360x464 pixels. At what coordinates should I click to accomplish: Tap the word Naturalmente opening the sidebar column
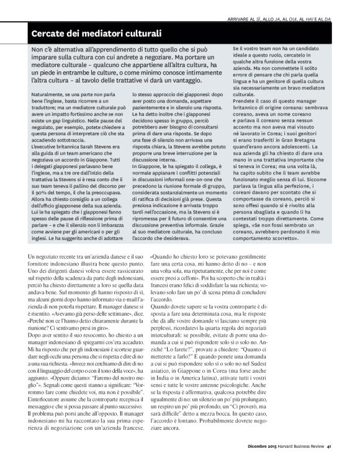(x=48, y=91)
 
